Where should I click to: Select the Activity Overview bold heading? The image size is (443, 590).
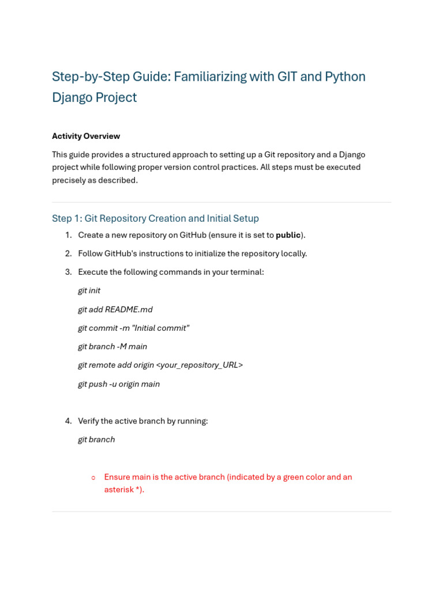pyautogui.click(x=86, y=136)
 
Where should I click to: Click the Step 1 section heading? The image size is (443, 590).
pyautogui.click(x=155, y=218)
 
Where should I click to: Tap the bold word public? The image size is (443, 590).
pyautogui.click(x=288, y=235)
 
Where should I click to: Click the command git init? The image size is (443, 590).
pyautogui.click(x=89, y=291)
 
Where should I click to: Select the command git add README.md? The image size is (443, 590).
pyautogui.click(x=115, y=309)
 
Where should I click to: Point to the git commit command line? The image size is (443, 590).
pyautogui.click(x=133, y=328)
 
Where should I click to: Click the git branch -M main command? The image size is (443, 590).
pyautogui.click(x=112, y=346)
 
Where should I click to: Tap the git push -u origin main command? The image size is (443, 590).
pyautogui.click(x=119, y=384)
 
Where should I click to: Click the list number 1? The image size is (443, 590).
pyautogui.click(x=68, y=235)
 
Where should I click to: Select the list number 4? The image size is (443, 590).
pyautogui.click(x=68, y=421)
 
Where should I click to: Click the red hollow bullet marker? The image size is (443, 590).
pyautogui.click(x=93, y=478)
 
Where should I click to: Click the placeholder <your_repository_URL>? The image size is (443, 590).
pyautogui.click(x=200, y=365)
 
